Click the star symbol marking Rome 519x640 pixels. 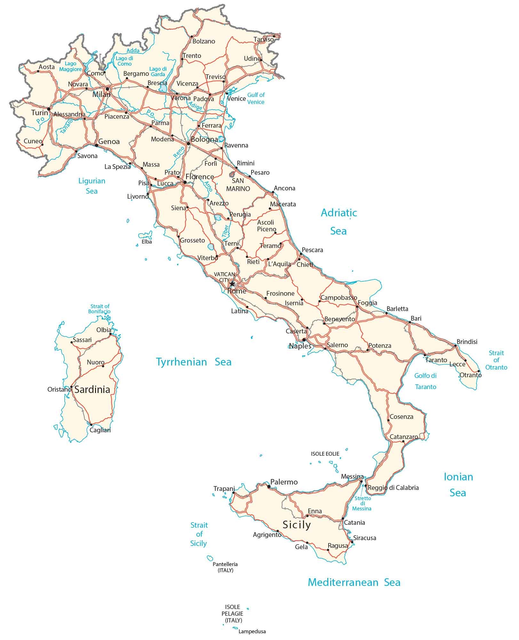[232, 284]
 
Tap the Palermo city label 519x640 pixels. [284, 482]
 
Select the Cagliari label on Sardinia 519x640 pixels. [100, 430]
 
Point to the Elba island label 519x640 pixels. [147, 242]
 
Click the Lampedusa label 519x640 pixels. [252, 632]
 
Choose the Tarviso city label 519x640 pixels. [264, 39]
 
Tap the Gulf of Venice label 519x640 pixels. [256, 98]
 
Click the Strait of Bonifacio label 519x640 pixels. [100, 309]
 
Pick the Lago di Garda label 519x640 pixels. [158, 72]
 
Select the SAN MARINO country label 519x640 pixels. [238, 185]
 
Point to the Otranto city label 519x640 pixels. [470, 375]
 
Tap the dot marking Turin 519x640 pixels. [49, 109]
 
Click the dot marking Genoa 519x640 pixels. [96, 145]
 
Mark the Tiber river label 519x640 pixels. [226, 231]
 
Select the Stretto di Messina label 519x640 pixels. [363, 503]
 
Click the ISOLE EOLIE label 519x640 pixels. [325, 454]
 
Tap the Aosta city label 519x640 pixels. [47, 67]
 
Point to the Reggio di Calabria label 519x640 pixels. [393, 488]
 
